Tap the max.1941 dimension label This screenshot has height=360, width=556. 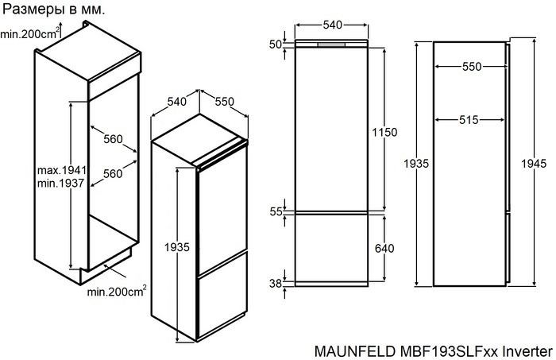pos(61,171)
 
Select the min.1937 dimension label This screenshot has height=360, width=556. pos(60,184)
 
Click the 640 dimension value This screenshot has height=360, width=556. pos(384,249)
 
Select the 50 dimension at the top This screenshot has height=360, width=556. pos(276,45)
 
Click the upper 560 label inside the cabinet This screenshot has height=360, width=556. pos(113,140)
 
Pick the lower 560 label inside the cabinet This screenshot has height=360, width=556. pos(113,173)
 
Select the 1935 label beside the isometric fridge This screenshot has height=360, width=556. pos(178,248)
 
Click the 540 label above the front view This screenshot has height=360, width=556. pos(332,25)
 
